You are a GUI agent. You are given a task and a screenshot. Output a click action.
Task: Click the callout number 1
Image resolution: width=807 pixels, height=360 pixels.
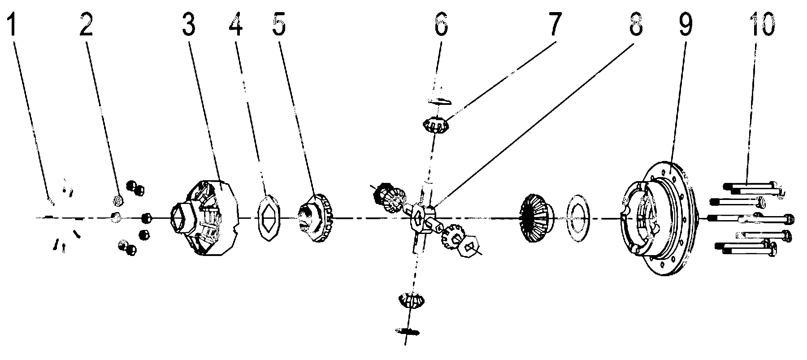pyautogui.click(x=11, y=25)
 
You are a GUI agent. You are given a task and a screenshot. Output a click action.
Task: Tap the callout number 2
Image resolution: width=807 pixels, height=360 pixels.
pyautogui.click(x=87, y=25)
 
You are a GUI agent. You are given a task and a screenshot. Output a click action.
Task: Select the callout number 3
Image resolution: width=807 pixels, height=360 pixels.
pyautogui.click(x=188, y=25)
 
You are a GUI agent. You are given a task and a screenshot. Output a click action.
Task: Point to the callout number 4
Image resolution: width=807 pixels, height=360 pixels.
pyautogui.click(x=236, y=25)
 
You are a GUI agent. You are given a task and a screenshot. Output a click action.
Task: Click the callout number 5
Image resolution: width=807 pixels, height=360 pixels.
pyautogui.click(x=278, y=25)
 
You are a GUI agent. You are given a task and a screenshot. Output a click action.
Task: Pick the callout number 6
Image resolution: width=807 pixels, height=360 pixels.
pyautogui.click(x=440, y=25)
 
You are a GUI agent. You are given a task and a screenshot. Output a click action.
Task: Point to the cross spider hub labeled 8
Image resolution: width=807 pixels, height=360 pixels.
pyautogui.click(x=425, y=219)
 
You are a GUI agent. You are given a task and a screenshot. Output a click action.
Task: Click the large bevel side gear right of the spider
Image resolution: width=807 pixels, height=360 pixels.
pyautogui.click(x=536, y=218)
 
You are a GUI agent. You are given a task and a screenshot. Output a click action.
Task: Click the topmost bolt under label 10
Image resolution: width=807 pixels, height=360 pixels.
pyautogui.click(x=753, y=186)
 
